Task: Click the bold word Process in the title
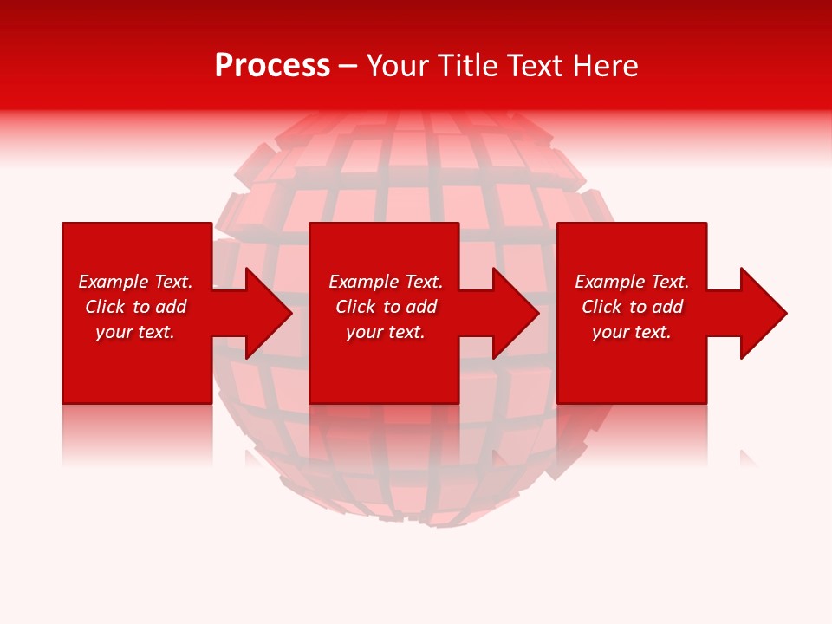(x=272, y=66)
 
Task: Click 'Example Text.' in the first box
(x=135, y=282)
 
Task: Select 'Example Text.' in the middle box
(x=386, y=282)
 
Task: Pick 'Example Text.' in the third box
(x=632, y=282)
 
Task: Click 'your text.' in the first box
(x=135, y=332)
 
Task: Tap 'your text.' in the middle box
(x=386, y=332)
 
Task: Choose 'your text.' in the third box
(x=632, y=332)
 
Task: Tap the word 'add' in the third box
(x=667, y=307)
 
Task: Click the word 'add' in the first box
(x=171, y=307)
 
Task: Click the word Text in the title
(x=536, y=66)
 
